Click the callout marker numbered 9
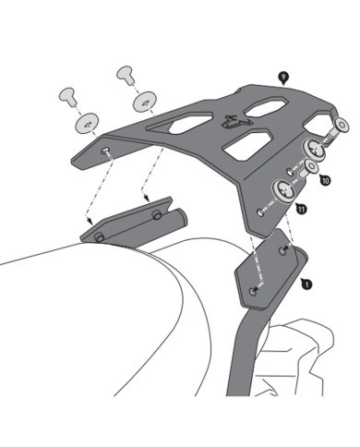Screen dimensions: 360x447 point(282,78)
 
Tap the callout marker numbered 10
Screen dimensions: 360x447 point(325,180)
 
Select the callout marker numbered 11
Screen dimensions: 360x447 point(301,209)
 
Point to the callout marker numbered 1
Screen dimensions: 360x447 point(306,284)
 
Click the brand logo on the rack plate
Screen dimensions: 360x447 point(231,122)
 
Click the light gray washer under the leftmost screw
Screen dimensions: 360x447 point(87,123)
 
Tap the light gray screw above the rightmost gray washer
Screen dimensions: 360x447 point(125,74)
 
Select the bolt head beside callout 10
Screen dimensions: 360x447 point(309,168)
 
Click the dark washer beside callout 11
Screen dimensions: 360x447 point(283,191)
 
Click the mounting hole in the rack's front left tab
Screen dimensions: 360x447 point(105,151)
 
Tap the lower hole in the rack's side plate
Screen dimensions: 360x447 point(260,212)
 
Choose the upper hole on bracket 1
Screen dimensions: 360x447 point(282,250)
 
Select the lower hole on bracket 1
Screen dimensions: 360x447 point(253,291)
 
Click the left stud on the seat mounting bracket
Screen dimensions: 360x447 point(99,237)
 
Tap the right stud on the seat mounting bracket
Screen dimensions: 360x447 point(157,214)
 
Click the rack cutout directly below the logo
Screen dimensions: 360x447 point(247,145)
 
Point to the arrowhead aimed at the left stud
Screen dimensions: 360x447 point(90,221)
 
